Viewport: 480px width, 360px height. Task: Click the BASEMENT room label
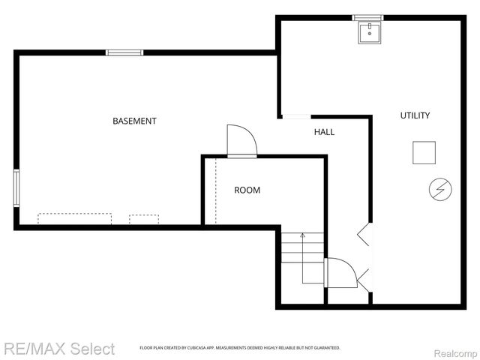[x=134, y=121]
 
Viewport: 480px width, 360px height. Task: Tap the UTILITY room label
[x=415, y=115]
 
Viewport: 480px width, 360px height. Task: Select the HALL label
[x=324, y=132]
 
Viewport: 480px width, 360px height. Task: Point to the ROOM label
[x=247, y=190]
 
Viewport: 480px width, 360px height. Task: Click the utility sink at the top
[x=369, y=32]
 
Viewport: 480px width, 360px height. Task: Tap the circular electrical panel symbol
[x=437, y=190]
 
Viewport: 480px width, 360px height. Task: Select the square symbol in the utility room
[x=424, y=152]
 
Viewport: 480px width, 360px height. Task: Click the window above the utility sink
[x=368, y=17]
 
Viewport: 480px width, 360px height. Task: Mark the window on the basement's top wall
[x=124, y=52]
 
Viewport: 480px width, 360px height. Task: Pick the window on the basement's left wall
[x=16, y=187]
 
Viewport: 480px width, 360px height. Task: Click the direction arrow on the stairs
[x=302, y=238]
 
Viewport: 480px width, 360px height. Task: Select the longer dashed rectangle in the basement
[x=74, y=219]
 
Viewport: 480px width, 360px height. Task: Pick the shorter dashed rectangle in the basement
[x=144, y=219]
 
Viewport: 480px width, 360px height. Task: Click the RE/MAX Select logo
[x=59, y=349]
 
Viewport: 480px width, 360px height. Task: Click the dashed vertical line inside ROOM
[x=216, y=191]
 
